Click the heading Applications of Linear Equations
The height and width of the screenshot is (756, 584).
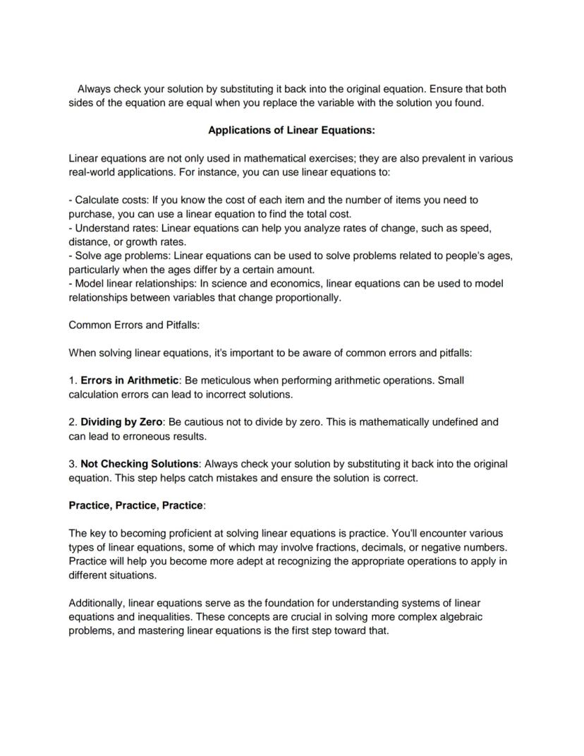(291, 131)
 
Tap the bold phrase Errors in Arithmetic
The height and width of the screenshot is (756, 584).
(129, 380)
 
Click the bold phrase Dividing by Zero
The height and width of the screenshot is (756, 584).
(121, 422)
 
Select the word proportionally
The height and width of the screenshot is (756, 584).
(308, 297)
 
